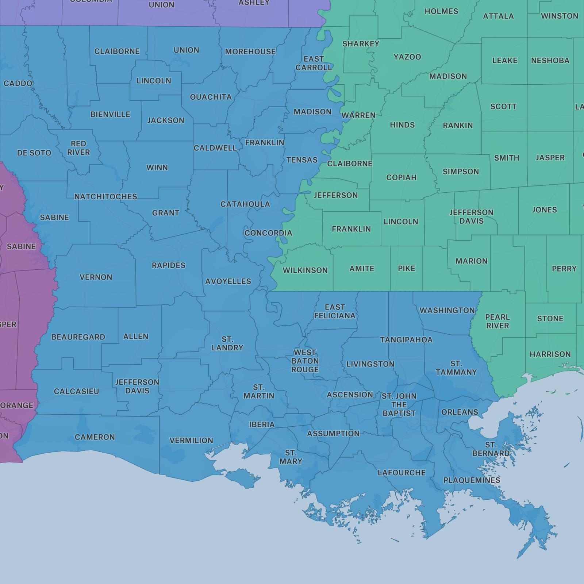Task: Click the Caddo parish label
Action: (x=18, y=84)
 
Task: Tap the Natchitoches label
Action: (x=105, y=197)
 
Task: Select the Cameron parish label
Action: (x=95, y=437)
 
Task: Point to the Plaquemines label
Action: (x=472, y=480)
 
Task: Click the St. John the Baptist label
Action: (x=399, y=405)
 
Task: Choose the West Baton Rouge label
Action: (x=305, y=361)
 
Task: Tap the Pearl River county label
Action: (x=497, y=321)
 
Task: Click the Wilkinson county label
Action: (x=305, y=270)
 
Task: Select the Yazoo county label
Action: (x=407, y=57)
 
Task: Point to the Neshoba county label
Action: (x=550, y=61)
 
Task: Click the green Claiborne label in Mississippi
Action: (x=349, y=164)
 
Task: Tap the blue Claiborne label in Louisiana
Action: (x=117, y=51)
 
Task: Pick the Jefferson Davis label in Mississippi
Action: (x=471, y=217)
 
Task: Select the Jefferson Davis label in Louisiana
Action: (x=137, y=386)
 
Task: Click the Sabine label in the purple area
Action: (x=21, y=246)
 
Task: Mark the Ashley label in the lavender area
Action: (x=254, y=3)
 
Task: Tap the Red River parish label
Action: (x=78, y=148)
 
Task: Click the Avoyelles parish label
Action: (x=228, y=281)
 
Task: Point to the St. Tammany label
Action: (x=456, y=368)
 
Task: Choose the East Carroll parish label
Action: (x=314, y=63)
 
